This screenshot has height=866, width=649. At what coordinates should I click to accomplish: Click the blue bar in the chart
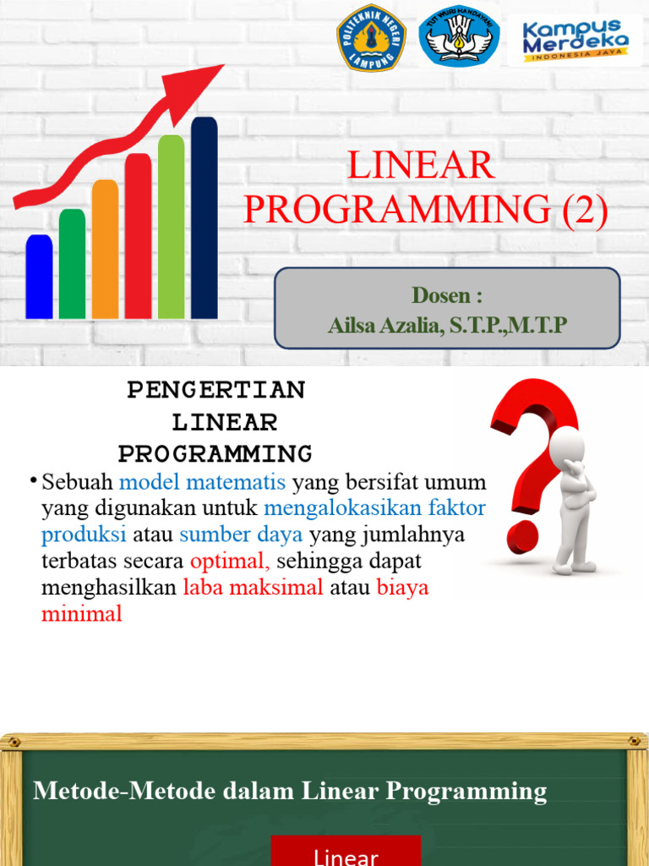coord(39,277)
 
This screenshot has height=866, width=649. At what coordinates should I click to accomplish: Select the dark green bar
coord(72,264)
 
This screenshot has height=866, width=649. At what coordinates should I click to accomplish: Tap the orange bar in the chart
coord(105,249)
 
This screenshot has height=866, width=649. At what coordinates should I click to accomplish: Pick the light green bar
coord(171,227)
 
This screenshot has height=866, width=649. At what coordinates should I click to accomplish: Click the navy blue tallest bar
coord(204,217)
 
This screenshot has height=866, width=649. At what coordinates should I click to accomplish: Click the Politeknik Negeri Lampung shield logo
coord(371,38)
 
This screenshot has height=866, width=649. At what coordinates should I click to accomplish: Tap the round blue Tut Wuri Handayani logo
coord(459,37)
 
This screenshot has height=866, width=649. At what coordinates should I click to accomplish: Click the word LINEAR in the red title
coord(421,166)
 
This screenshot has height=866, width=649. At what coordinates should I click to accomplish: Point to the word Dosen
coord(441,296)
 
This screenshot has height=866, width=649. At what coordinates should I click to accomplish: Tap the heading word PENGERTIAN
coord(216,390)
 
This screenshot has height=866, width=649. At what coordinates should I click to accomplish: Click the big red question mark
coord(527,457)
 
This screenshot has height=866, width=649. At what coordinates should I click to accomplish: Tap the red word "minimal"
coord(82,614)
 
